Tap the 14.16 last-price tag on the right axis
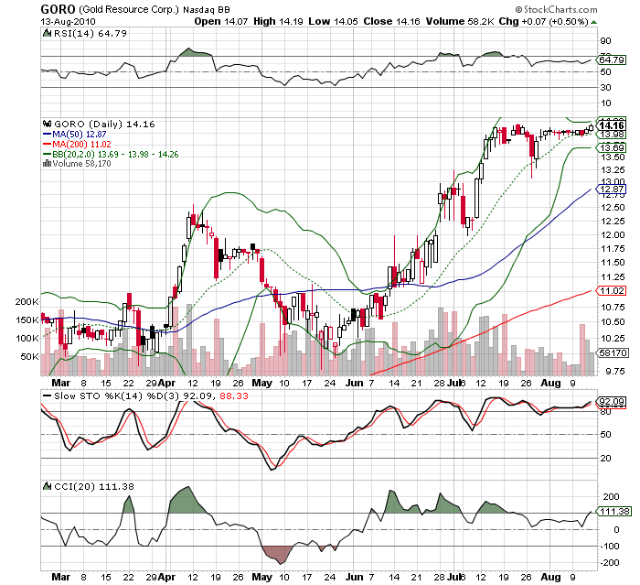pyautogui.click(x=611, y=125)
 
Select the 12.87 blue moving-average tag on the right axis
pyautogui.click(x=611, y=189)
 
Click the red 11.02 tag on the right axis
pyautogui.click(x=611, y=290)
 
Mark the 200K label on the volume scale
pyautogui.click(x=27, y=301)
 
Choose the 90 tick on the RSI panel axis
pyautogui.click(x=604, y=40)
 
